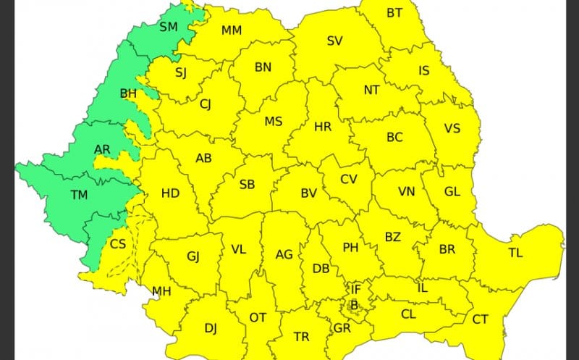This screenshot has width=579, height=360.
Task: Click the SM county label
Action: pos(168,27)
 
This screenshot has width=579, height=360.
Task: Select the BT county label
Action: pos(394,12)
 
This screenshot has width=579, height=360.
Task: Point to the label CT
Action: pos(480,319)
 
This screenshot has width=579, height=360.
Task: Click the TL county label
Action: pos(515,253)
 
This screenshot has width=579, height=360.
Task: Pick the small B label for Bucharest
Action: pos(354,305)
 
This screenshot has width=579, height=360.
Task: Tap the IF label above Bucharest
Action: pos(356,288)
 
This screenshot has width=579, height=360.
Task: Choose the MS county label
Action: pos(273,121)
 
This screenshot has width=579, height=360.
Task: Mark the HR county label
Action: pos(323,127)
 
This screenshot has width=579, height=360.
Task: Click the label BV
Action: pos(309,193)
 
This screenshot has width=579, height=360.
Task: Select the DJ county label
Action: pos(211,328)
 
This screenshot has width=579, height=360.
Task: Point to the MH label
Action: pos(161,292)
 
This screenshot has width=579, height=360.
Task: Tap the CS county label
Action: pos(118,244)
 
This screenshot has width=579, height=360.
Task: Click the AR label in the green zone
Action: pos(103,150)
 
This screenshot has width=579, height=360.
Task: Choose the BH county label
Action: pos(128,93)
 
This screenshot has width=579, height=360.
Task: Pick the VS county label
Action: pos(452,128)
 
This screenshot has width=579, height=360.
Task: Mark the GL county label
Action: pos(452,192)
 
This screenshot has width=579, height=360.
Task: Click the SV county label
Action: pos(334,41)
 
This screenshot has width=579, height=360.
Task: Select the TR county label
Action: pos(302,337)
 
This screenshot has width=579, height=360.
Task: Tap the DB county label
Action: pos(320,269)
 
